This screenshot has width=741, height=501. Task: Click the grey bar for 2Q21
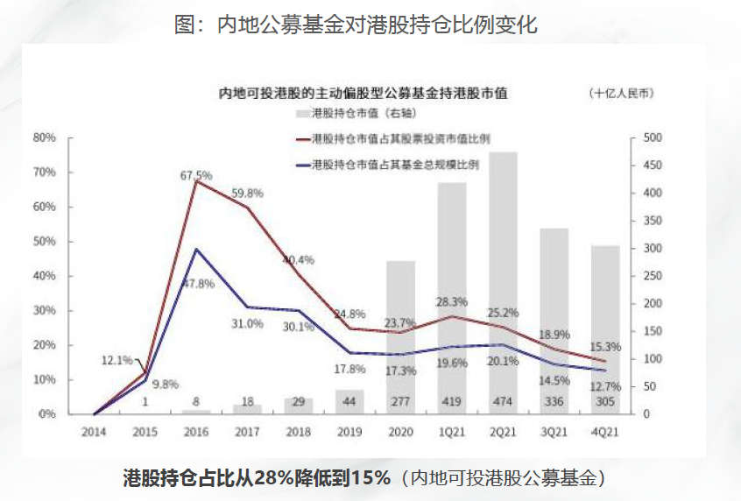click(503, 283)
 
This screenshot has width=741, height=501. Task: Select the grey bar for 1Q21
click(452, 299)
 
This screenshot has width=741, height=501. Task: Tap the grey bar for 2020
click(401, 337)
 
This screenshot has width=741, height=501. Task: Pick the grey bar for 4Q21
click(605, 330)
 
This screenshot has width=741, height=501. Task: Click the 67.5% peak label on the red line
click(196, 176)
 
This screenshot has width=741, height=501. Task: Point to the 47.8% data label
click(199, 284)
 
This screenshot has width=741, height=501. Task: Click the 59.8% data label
click(247, 194)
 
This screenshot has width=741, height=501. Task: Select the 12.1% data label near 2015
click(117, 361)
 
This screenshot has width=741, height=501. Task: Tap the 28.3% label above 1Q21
click(452, 302)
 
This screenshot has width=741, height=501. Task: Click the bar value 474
click(503, 402)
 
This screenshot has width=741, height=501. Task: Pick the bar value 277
click(400, 402)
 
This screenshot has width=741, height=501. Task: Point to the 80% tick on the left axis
click(45, 138)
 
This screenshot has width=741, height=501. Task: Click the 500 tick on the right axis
click(653, 138)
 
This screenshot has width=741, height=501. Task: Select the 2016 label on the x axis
click(196, 432)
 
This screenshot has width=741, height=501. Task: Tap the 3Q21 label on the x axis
click(554, 432)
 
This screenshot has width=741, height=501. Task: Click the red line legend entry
click(393, 139)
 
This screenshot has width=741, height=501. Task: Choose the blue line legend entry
click(387, 165)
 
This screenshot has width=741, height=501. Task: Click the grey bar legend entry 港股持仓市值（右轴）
click(356, 114)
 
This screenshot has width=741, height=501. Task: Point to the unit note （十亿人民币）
click(622, 93)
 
